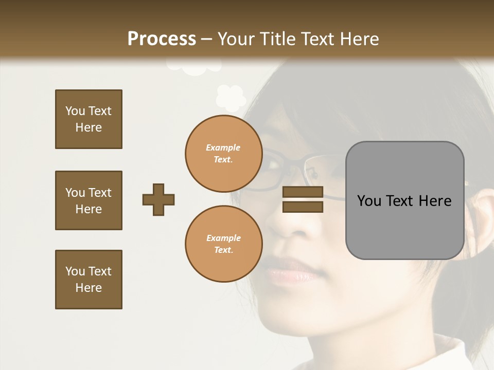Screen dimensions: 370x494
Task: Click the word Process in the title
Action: (x=162, y=39)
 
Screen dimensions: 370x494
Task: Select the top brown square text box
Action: (x=89, y=119)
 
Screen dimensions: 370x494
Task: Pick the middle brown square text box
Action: (x=89, y=200)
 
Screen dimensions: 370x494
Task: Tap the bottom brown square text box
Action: (x=89, y=280)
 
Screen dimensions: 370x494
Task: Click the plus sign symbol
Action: (x=158, y=199)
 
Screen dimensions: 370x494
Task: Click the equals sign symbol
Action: (x=303, y=199)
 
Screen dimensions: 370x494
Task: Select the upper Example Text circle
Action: (x=223, y=153)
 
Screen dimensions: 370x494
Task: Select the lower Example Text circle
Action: (x=223, y=244)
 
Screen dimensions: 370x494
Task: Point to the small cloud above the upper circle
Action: (x=230, y=98)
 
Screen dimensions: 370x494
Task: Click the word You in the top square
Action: (x=75, y=111)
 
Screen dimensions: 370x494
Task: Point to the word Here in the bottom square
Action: (x=89, y=288)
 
